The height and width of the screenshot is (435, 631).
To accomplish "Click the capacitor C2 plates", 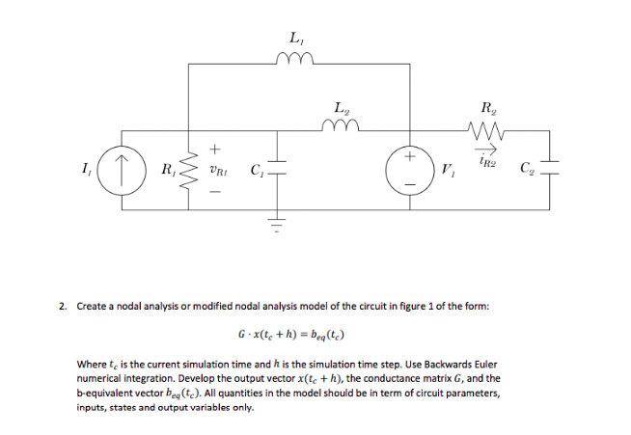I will pyautogui.click(x=553, y=174).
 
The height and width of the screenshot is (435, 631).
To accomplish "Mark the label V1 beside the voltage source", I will pyautogui.click(x=447, y=175).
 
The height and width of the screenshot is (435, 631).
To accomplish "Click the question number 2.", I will pyautogui.click(x=61, y=307).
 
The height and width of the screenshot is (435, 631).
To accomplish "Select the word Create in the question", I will pyautogui.click(x=94, y=307).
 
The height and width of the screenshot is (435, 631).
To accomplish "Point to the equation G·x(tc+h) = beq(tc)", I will pyautogui.click(x=290, y=337).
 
